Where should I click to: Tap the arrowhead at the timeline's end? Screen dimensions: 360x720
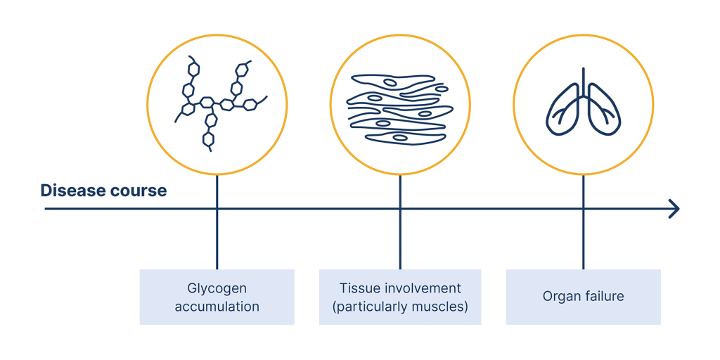pos(675,209)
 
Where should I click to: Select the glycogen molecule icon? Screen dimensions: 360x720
pos(217,104)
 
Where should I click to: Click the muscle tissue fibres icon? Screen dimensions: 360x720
pos(399,109)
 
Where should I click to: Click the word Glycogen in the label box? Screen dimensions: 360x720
pos(217,288)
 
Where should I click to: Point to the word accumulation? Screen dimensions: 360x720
pos(217,307)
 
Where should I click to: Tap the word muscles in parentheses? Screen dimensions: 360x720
pos(442,307)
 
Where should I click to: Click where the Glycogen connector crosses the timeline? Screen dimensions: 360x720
pos(217,209)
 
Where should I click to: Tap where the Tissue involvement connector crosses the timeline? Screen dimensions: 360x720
pos(400,209)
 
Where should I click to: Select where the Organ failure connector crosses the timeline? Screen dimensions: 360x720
pos(583,209)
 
